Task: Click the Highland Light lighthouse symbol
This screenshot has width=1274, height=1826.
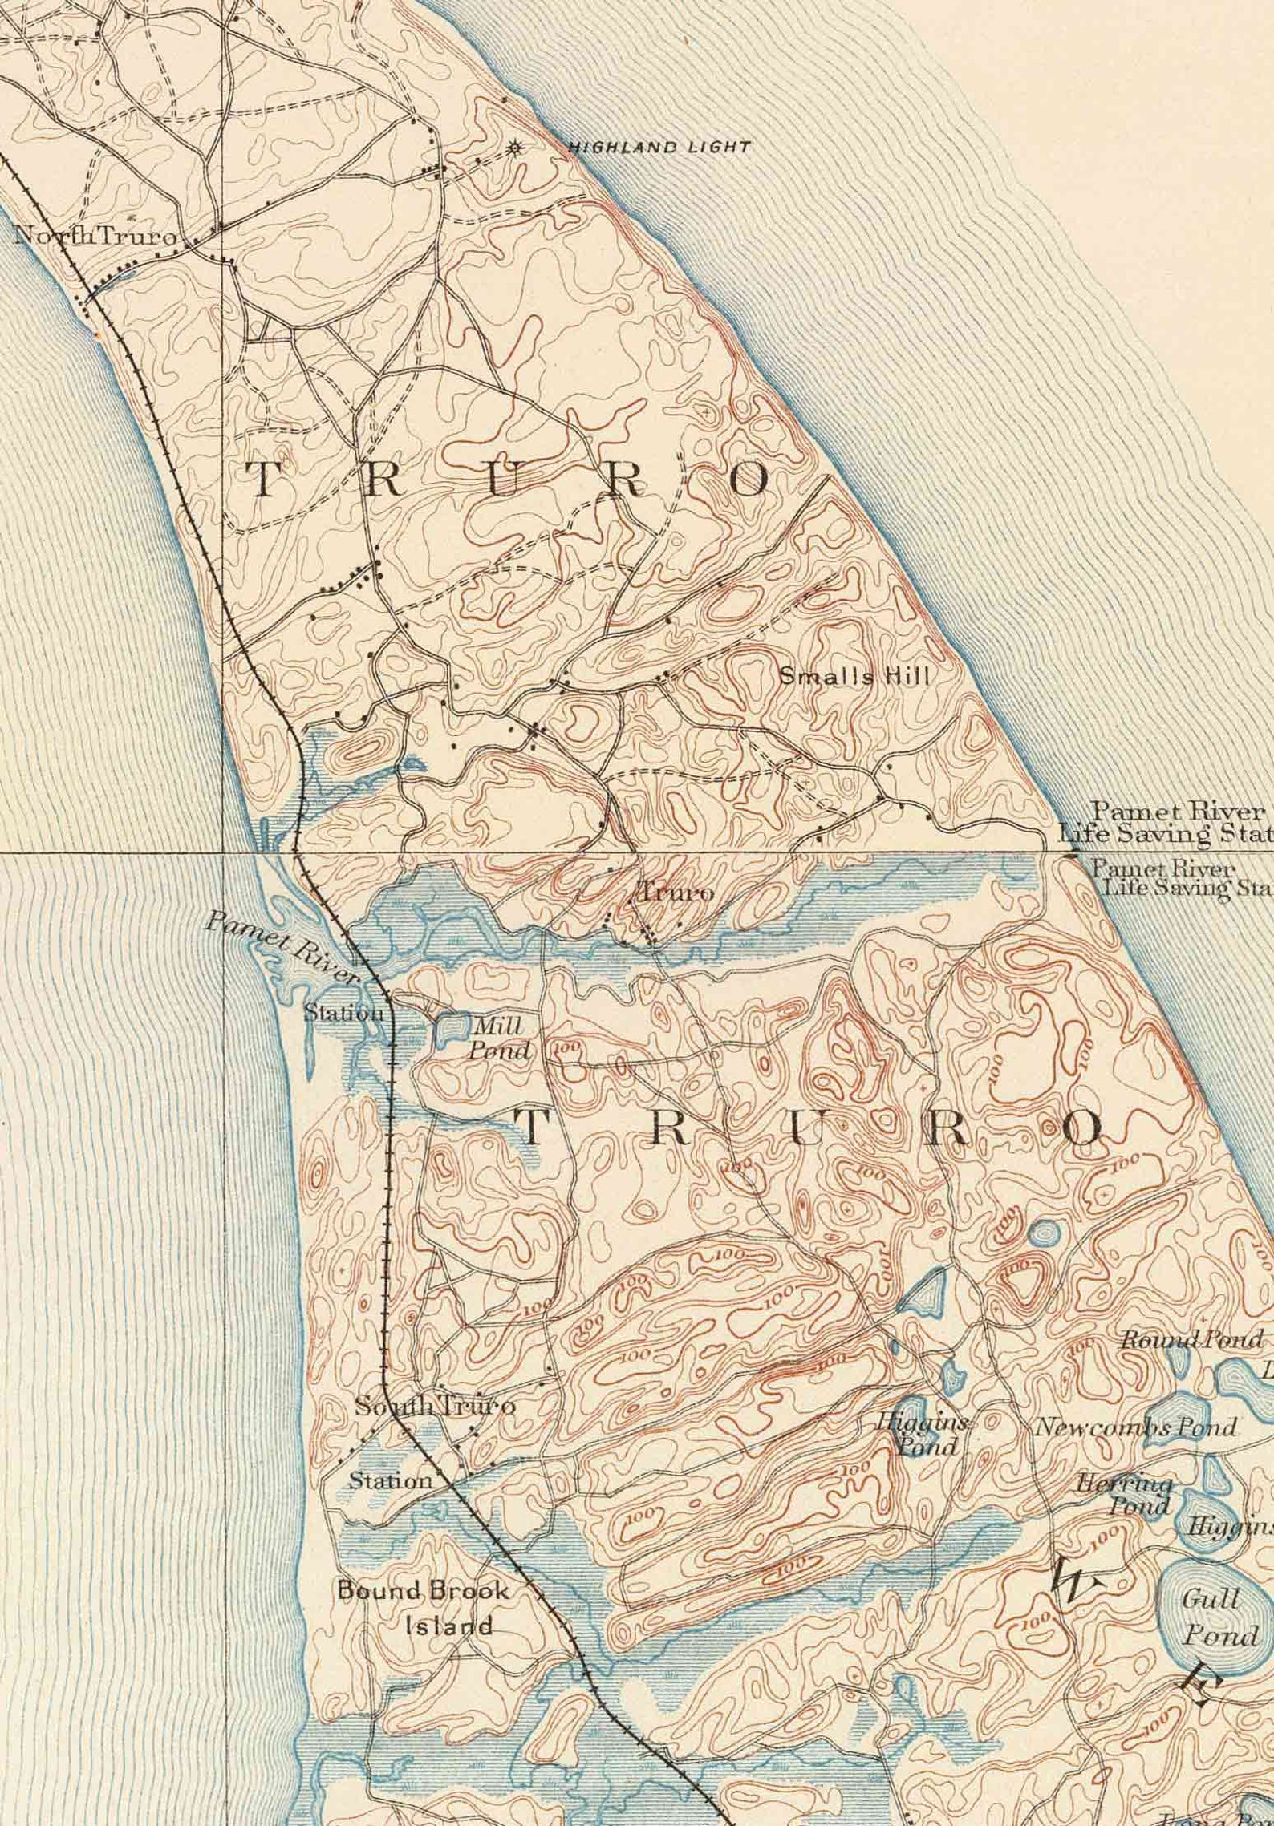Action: pyautogui.click(x=516, y=147)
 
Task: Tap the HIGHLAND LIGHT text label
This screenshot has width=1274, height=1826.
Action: pyautogui.click(x=659, y=148)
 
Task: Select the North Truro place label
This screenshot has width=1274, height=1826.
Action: pyautogui.click(x=95, y=237)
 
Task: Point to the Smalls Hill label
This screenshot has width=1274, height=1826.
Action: pyautogui.click(x=854, y=677)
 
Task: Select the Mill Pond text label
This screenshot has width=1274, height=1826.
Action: pyautogui.click(x=500, y=1038)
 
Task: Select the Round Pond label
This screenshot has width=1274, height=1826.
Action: pyautogui.click(x=1191, y=1339)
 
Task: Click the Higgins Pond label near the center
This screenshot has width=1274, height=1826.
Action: pyautogui.click(x=924, y=1435)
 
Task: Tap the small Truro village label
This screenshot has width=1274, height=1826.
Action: pyautogui.click(x=673, y=893)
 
